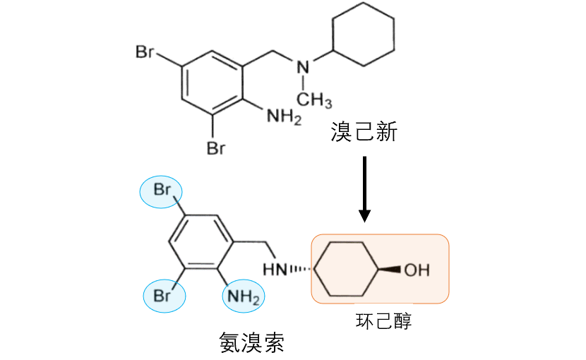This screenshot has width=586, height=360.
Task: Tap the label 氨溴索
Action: click(252, 343)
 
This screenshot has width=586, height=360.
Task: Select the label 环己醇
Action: click(383, 322)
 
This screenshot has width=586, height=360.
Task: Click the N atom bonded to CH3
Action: click(301, 68)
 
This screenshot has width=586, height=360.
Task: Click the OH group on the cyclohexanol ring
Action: click(417, 270)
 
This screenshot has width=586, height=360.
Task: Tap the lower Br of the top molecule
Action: click(215, 148)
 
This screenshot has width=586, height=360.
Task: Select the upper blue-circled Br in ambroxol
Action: click(162, 191)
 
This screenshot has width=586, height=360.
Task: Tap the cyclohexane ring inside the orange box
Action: click(347, 270)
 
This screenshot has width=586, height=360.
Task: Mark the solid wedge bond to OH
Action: click(391, 270)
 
